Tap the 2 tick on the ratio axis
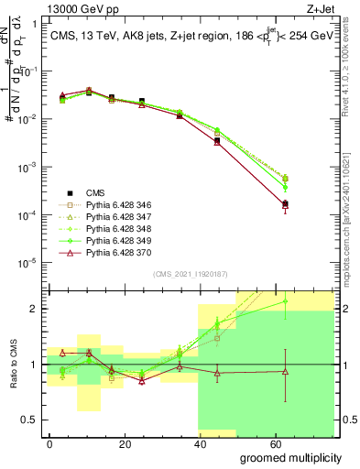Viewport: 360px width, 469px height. coord(37,309)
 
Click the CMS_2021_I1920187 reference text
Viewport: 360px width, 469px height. coord(189,273)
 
